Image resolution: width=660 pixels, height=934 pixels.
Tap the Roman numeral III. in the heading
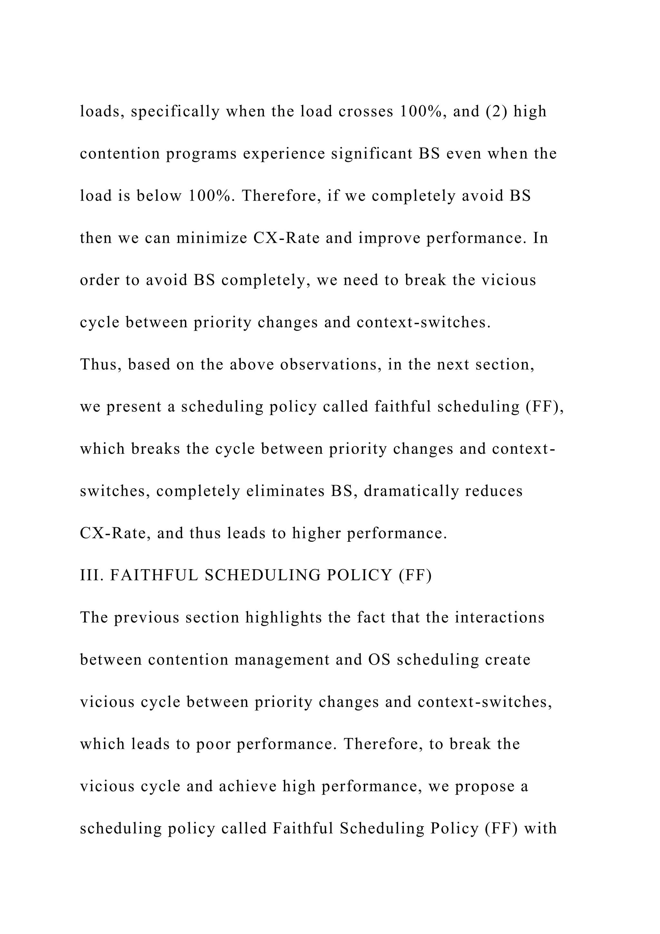[x=92, y=575]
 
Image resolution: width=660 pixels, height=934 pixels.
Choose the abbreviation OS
[x=379, y=660]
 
